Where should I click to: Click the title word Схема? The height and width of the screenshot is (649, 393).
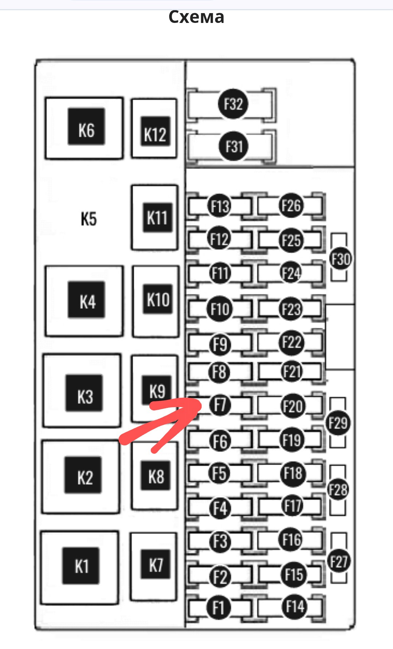[x=196, y=17]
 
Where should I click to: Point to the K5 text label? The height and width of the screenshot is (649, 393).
[x=89, y=219]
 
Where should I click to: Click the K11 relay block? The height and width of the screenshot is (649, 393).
[x=157, y=218]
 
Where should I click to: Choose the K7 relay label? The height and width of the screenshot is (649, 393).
[x=155, y=565]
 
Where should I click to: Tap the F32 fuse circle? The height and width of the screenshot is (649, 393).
[x=233, y=104]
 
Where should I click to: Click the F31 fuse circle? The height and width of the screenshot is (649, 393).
[x=234, y=146]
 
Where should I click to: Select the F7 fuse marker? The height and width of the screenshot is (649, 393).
[x=220, y=405]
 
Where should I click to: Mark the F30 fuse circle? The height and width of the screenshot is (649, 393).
[x=341, y=259]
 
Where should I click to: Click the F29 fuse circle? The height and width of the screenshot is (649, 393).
[x=338, y=423]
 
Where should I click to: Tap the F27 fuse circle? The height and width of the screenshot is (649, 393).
[x=339, y=561]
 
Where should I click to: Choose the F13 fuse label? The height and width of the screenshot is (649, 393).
[x=219, y=206]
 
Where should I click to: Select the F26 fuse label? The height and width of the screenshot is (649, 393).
[x=291, y=205]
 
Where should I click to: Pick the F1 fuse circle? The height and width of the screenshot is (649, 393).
[x=218, y=607]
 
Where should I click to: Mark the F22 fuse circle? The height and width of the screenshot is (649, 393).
[x=291, y=343]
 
